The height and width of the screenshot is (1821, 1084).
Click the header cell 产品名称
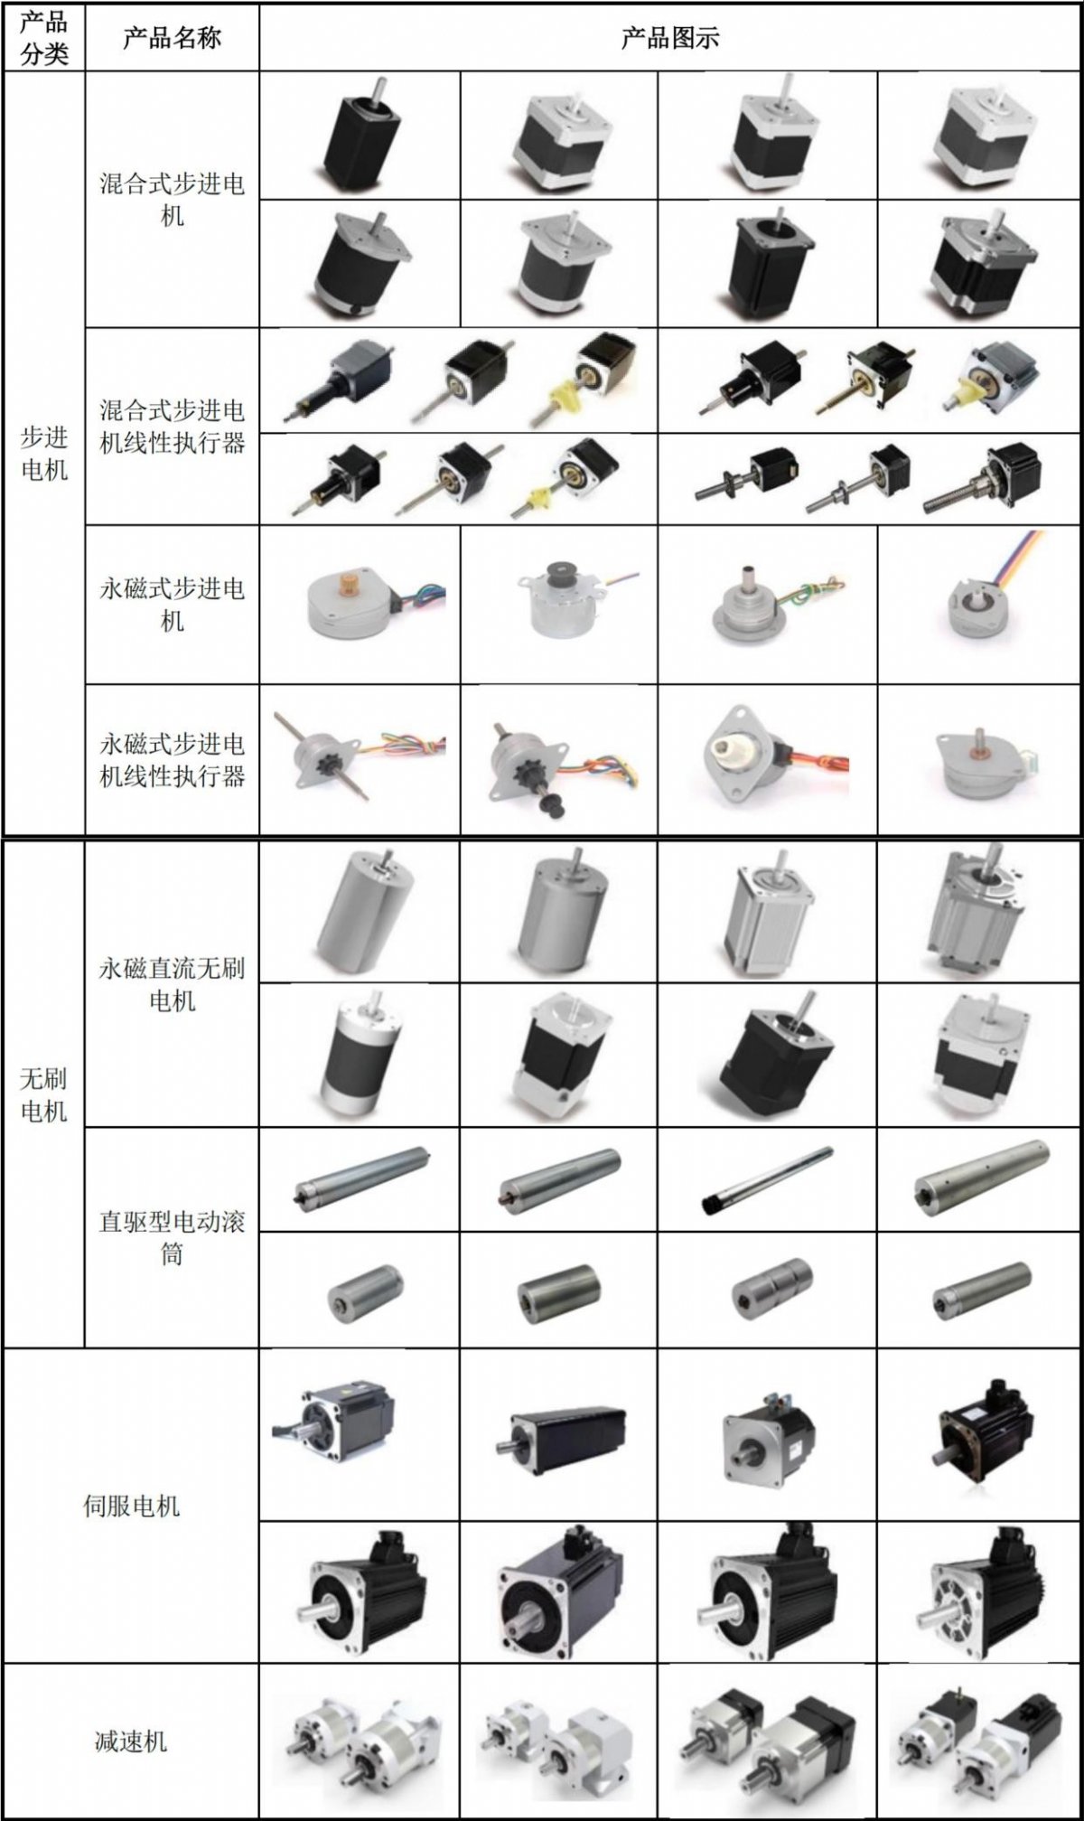(172, 38)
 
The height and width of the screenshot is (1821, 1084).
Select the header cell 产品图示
(670, 38)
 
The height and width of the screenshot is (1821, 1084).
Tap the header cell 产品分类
(44, 38)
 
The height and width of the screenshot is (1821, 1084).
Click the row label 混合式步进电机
(172, 200)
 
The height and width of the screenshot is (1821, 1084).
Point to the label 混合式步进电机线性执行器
(172, 427)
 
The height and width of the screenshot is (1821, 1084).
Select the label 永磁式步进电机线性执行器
(172, 759)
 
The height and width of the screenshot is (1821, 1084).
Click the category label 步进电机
(44, 454)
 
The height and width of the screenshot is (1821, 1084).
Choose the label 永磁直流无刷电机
(172, 984)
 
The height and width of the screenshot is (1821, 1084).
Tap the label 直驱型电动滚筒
(172, 1237)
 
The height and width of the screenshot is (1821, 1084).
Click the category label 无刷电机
(44, 1094)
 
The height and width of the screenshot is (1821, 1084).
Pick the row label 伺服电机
(131, 1506)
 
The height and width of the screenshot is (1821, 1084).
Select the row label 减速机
(131, 1741)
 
